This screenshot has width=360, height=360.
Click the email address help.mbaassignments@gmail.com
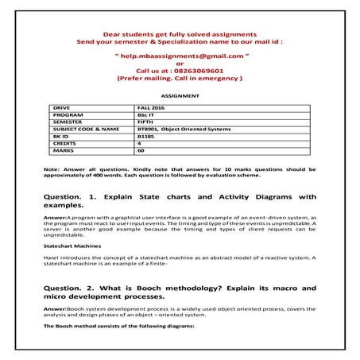tap(179, 57)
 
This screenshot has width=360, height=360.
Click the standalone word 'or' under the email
tap(179, 64)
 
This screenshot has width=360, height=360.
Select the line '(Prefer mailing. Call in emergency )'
tap(179, 79)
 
